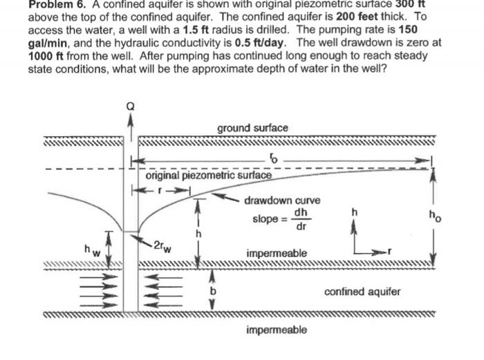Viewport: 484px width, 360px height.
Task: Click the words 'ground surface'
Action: click(252, 128)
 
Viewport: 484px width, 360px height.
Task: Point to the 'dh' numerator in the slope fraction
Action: click(301, 212)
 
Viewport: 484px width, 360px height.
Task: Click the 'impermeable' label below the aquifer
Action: click(277, 330)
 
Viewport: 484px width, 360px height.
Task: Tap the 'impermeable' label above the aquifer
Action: click(277, 254)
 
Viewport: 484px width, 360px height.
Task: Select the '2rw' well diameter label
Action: click(164, 243)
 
